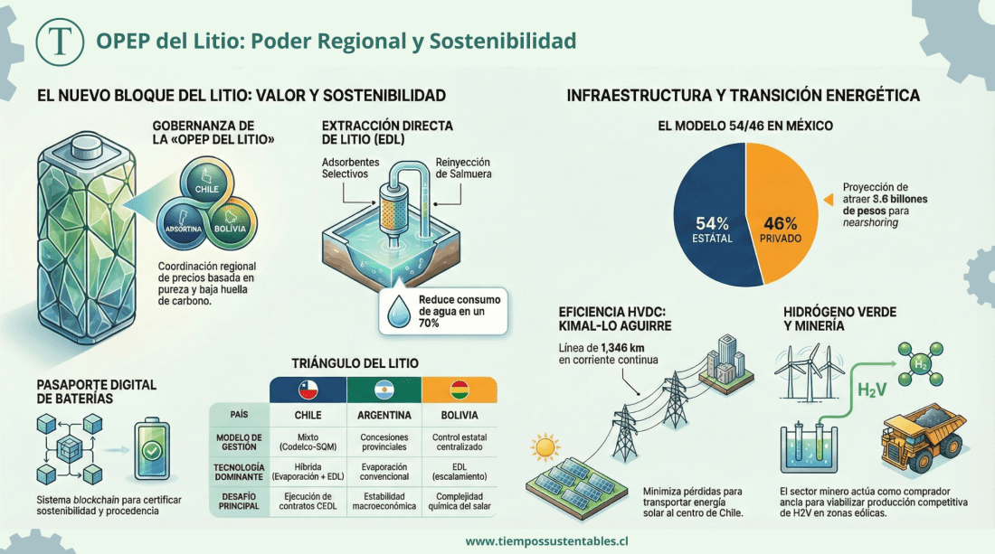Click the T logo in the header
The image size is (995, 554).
click(61, 42)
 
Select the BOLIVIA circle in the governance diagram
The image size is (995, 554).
click(231, 225)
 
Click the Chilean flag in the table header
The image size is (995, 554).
click(308, 390)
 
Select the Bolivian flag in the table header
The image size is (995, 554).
click(460, 390)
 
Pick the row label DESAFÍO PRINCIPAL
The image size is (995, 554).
click(239, 500)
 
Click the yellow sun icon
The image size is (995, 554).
click(545, 447)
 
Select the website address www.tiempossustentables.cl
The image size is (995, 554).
click(547, 541)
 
